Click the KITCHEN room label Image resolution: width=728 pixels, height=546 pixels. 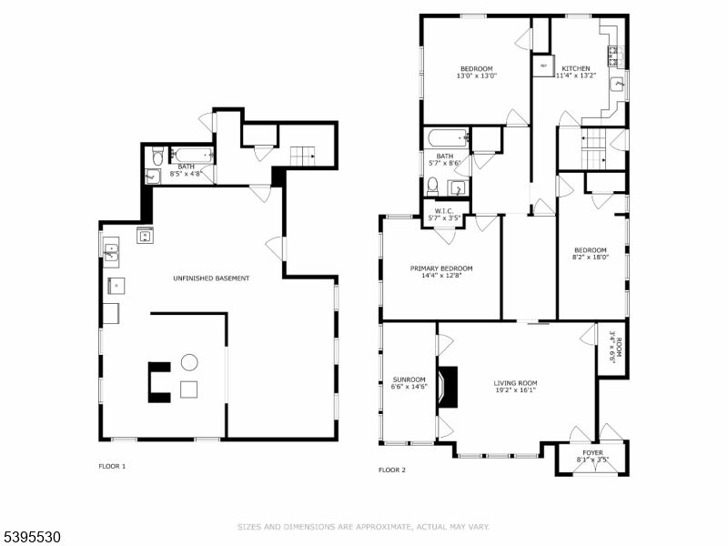coord(575,68)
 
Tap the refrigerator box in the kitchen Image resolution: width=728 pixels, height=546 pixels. coord(543,66)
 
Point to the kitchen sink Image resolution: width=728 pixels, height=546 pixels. coord(618,85)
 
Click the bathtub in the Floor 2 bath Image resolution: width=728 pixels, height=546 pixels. coord(446,140)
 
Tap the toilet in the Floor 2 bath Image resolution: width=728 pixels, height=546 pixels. coord(433,186)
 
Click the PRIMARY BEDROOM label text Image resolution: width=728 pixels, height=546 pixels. coord(441,268)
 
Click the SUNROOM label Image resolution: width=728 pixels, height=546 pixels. coord(409,379)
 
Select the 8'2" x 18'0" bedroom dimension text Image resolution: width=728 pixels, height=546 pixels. coord(590,258)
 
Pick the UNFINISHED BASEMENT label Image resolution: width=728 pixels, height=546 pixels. coord(211,278)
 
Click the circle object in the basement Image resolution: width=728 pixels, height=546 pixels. coord(189,362)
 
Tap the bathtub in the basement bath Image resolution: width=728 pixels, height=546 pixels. coord(192,155)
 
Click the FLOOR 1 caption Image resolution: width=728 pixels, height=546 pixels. coord(112,466)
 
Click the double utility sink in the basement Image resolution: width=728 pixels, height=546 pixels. coord(111,250)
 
